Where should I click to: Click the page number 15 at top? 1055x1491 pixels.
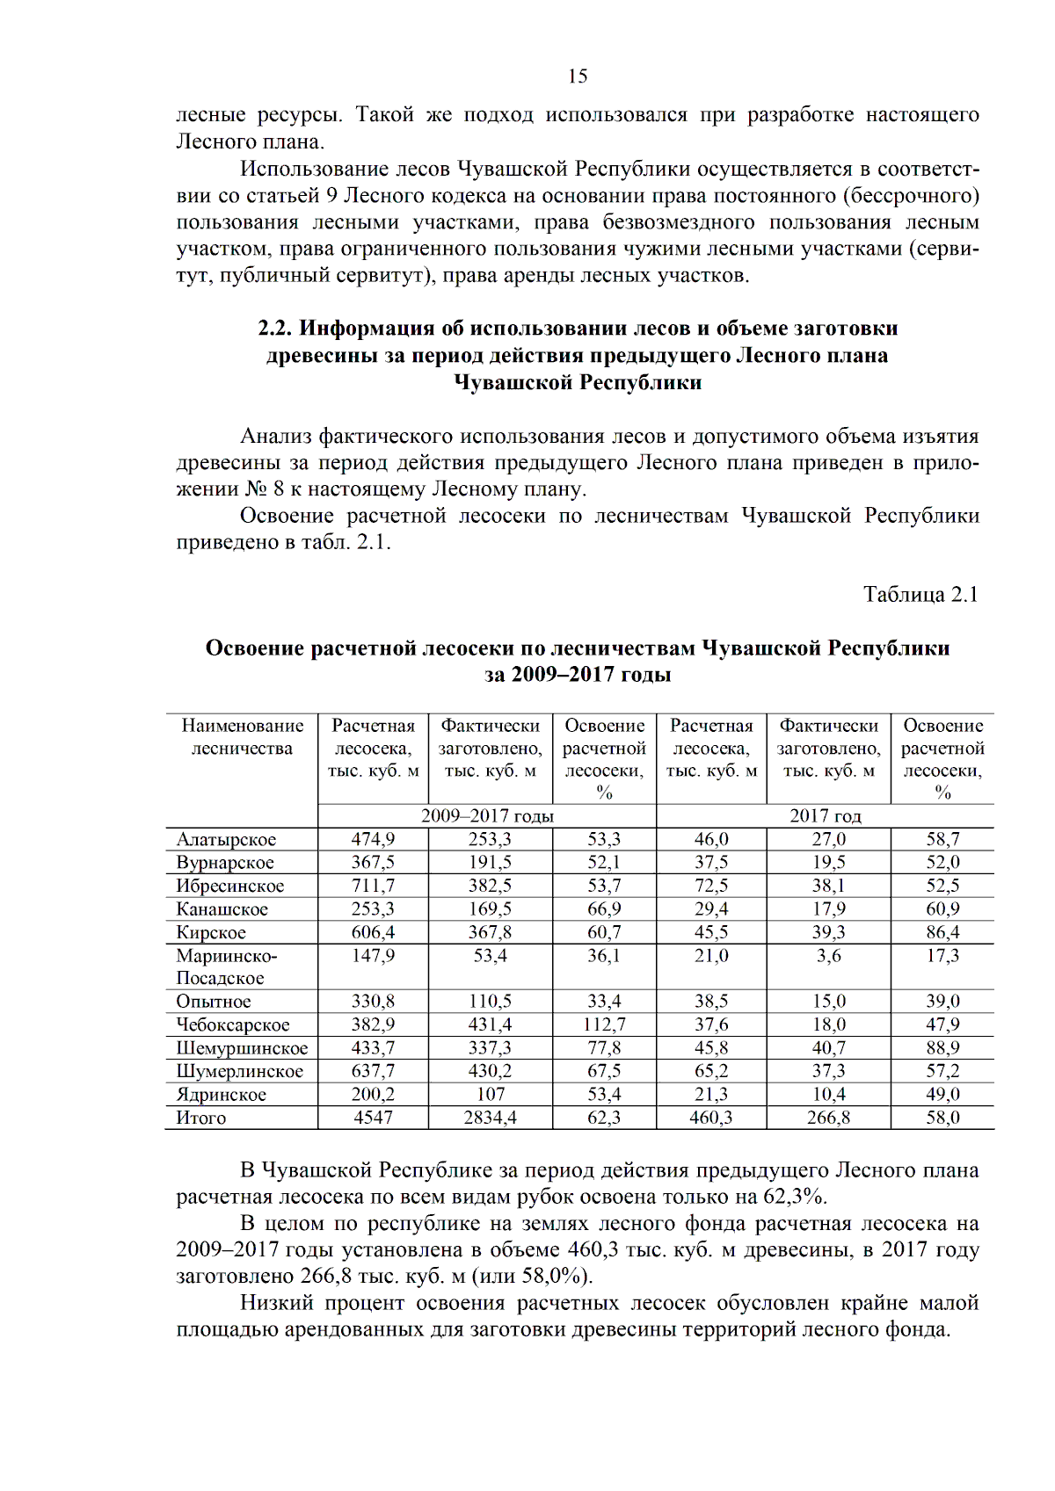pos(578,76)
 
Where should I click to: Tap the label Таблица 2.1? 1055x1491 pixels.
pos(920,595)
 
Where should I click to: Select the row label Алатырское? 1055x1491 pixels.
pos(226,840)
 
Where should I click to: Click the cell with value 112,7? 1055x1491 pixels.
pos(604,1025)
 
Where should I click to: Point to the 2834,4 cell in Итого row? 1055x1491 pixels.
pos(491,1118)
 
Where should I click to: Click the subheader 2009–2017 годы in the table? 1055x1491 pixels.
pos(487,816)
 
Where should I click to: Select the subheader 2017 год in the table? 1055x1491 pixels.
pos(825,816)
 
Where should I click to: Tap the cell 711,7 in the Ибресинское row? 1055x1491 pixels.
pos(373,887)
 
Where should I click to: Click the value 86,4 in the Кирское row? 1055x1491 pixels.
pos(942,933)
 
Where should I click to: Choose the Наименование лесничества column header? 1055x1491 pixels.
pos(242,737)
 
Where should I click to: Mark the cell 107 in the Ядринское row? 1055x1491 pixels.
pos(491,1095)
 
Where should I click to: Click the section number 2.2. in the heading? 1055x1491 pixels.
pos(274,329)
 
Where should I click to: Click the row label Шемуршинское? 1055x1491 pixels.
pos(242,1048)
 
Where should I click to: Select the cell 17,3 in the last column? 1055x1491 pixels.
pos(942,956)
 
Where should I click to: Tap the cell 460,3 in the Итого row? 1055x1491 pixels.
pos(711,1118)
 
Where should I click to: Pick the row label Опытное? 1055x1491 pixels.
pos(214,1002)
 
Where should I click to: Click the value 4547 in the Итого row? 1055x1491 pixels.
pos(373,1118)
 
